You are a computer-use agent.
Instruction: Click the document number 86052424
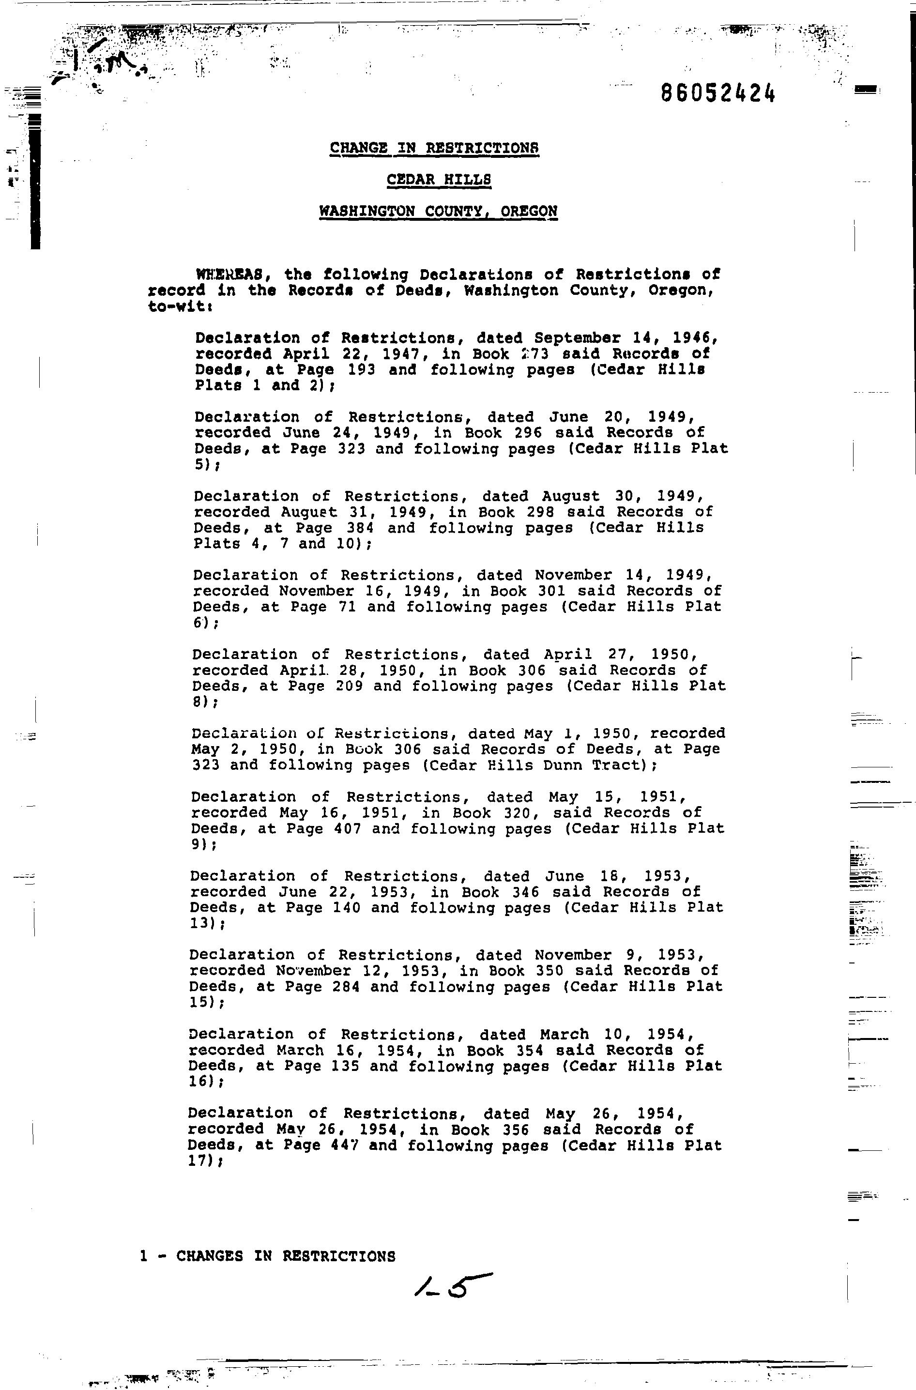(x=718, y=92)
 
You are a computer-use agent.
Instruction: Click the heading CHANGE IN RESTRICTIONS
(x=434, y=148)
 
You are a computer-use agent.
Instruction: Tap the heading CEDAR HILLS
(x=439, y=180)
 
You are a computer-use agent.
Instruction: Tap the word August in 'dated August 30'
(x=570, y=496)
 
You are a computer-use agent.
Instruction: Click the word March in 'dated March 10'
(x=565, y=1034)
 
